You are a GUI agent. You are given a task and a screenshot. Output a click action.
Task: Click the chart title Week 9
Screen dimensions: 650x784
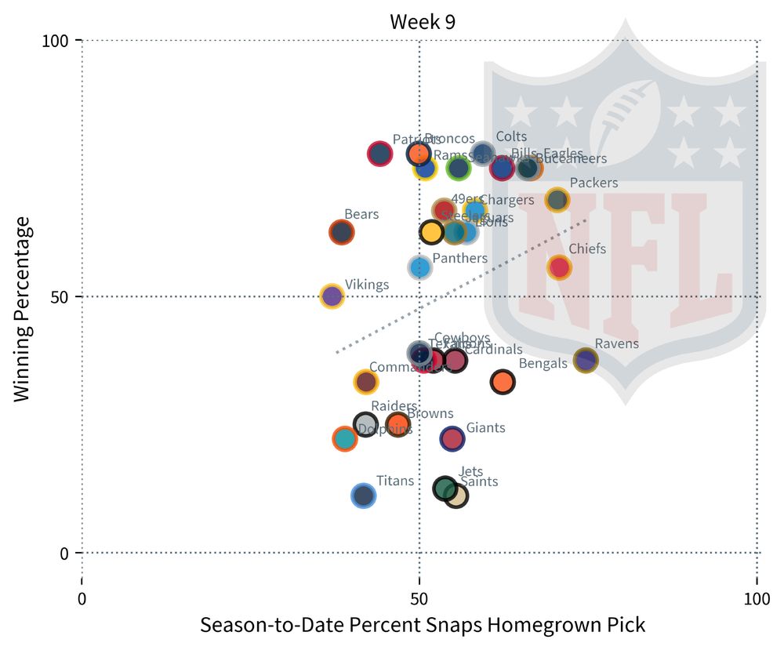(x=423, y=21)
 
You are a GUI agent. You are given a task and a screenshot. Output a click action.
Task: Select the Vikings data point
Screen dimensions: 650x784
(x=332, y=296)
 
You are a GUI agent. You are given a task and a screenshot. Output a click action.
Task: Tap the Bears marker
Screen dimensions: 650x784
(x=341, y=232)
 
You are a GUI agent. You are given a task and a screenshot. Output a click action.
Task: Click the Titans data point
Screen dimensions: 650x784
(x=363, y=496)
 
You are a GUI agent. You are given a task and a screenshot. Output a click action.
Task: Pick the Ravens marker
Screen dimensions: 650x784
(x=586, y=360)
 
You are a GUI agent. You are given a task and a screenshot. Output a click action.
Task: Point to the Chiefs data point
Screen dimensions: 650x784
(x=559, y=267)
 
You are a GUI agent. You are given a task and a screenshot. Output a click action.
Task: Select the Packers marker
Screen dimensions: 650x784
(x=557, y=200)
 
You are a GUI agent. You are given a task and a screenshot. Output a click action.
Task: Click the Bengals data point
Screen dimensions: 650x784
(x=503, y=382)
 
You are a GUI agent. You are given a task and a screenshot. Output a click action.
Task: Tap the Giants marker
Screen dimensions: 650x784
(x=452, y=438)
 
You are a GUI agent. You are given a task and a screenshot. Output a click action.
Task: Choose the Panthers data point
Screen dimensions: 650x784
(x=420, y=267)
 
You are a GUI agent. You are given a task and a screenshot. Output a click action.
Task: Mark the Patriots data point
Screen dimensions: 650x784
(x=379, y=154)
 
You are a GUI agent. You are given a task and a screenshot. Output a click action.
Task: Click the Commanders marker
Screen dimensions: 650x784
(x=366, y=382)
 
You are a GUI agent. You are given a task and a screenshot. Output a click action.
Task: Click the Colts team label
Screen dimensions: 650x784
(x=511, y=137)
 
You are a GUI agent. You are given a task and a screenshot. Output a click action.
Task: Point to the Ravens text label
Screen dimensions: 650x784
(x=616, y=343)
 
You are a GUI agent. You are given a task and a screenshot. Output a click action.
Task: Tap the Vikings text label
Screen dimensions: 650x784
(x=366, y=285)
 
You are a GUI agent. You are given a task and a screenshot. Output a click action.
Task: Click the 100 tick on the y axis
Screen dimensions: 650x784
(x=60, y=40)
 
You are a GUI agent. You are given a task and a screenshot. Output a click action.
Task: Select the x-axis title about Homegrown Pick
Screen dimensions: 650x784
(x=423, y=626)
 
